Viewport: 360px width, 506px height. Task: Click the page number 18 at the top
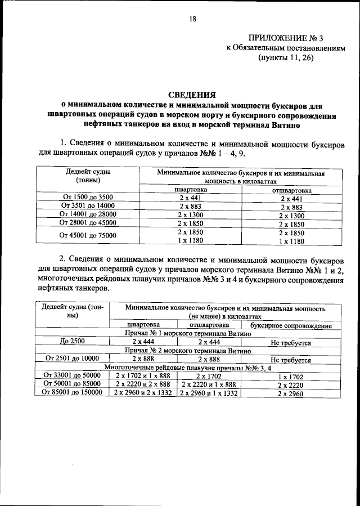(x=192, y=19)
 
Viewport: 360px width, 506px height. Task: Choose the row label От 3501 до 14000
(x=88, y=207)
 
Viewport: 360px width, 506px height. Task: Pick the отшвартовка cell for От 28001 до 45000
(x=291, y=223)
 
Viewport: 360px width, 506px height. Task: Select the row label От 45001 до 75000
(x=88, y=236)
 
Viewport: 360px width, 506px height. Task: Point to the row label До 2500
(x=72, y=342)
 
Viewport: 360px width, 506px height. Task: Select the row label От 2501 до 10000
(x=72, y=359)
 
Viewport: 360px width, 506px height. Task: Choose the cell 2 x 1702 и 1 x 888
(x=143, y=375)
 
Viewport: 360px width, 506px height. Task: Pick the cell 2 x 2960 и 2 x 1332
(x=143, y=392)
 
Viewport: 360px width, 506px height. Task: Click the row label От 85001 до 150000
(x=72, y=392)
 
